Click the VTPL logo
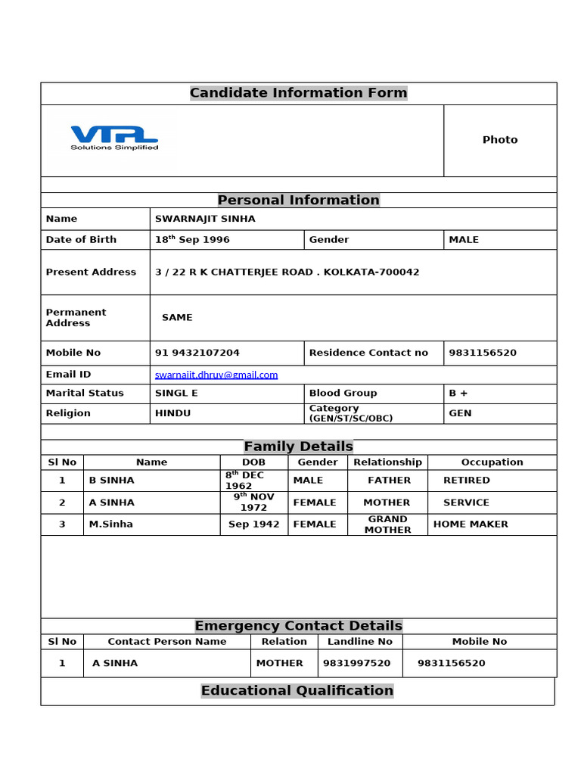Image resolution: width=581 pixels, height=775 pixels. tap(114, 137)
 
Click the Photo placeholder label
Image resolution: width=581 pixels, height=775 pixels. tap(500, 140)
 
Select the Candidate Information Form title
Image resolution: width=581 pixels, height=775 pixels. tap(298, 93)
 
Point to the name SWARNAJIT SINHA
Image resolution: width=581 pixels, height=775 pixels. tap(205, 219)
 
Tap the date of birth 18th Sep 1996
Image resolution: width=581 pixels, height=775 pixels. tap(192, 240)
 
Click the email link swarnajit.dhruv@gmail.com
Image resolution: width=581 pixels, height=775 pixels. tap(216, 375)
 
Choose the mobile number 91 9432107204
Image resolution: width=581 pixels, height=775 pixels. tap(197, 353)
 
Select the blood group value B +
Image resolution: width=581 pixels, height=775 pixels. tap(458, 394)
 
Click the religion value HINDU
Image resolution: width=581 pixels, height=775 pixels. tap(172, 413)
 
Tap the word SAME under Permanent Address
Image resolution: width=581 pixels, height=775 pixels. tap(177, 318)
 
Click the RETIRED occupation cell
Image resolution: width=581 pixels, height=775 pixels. tap(466, 481)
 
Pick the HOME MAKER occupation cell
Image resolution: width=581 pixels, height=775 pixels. tap(471, 524)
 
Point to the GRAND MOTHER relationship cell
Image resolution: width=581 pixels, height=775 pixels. tap(387, 524)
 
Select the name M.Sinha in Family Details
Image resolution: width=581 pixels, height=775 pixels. tap(110, 524)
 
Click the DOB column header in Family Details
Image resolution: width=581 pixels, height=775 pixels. tap(253, 462)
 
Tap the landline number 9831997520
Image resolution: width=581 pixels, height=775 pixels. tap(356, 663)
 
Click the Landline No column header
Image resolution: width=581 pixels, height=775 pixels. tap(359, 642)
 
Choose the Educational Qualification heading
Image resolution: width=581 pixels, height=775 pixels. tap(297, 690)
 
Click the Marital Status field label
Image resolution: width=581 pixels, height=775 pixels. tap(84, 394)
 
